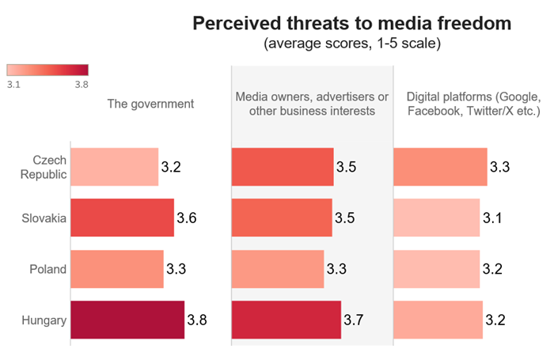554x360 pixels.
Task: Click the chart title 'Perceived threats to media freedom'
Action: point(352,25)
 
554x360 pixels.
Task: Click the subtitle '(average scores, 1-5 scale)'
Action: point(352,44)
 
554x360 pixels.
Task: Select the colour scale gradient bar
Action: point(47,69)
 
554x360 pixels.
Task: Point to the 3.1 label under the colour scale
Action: point(14,83)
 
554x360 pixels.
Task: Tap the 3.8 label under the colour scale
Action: point(81,83)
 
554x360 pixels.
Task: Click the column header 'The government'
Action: point(151,104)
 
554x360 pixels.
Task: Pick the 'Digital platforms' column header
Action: point(473,104)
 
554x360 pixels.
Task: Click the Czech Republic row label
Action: point(45,166)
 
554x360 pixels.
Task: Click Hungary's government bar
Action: point(127,320)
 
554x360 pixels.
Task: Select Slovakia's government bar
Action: point(122,218)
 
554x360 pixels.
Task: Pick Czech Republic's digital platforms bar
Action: point(440,166)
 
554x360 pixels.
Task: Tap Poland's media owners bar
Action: point(278,269)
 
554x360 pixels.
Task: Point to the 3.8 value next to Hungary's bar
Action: point(196,320)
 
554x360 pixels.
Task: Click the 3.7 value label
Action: point(353,320)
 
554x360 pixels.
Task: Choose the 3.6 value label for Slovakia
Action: point(186,218)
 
